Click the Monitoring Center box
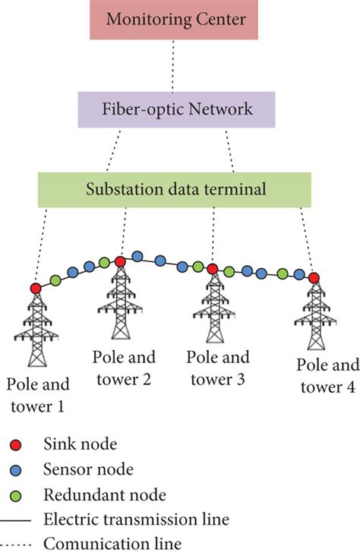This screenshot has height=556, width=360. pyautogui.click(x=176, y=20)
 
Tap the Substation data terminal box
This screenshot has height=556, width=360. pyautogui.click(x=175, y=190)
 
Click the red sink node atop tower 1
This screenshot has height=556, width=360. pyautogui.click(x=35, y=288)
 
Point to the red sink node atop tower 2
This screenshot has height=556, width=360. pyautogui.click(x=120, y=261)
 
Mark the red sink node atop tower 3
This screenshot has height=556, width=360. pyautogui.click(x=213, y=269)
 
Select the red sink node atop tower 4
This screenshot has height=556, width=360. pyautogui.click(x=314, y=278)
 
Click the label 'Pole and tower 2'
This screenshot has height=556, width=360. pyautogui.click(x=123, y=365)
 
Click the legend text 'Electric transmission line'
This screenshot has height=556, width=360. pyautogui.click(x=137, y=520)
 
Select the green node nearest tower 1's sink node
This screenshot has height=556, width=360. pyautogui.click(x=55, y=281)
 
